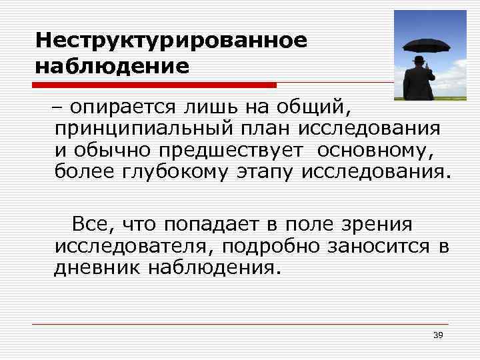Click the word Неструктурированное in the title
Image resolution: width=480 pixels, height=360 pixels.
point(171,41)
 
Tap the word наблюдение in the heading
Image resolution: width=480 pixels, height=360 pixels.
point(112,67)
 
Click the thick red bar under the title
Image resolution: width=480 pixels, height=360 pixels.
point(156,85)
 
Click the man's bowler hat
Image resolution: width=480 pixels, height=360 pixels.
point(419,60)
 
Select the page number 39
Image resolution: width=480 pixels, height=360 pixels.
point(438,335)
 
